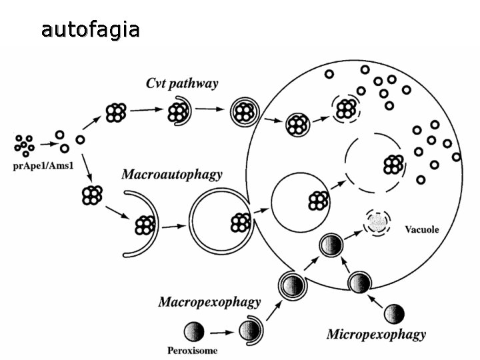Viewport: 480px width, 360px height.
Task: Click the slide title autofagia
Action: coord(90,30)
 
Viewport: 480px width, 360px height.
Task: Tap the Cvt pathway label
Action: coord(182,84)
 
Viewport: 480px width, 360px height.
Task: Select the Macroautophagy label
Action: coord(172,175)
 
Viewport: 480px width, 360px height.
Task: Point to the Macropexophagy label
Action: coord(209,302)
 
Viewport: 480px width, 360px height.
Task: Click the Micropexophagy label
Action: coord(376,333)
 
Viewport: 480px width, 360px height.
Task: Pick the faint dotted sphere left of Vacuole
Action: coord(378,222)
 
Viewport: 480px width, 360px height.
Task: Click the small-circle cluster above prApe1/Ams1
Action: coord(25,145)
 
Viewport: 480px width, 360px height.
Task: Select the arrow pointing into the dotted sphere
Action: coord(352,233)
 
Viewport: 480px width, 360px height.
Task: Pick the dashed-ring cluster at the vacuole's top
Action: coord(347,107)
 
